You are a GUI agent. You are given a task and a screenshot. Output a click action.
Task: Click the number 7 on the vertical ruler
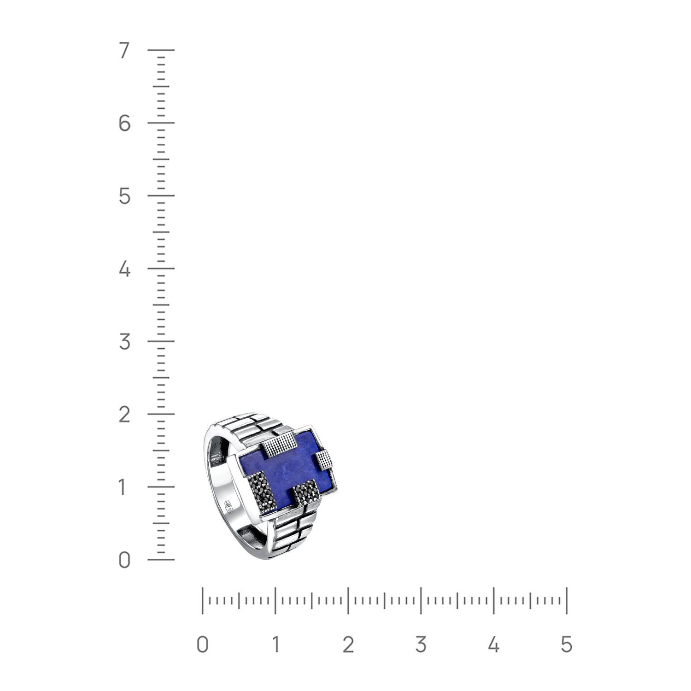click(124, 51)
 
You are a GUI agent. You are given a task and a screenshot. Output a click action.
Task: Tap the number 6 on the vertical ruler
click(124, 123)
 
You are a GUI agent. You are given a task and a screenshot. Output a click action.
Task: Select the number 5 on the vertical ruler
click(124, 197)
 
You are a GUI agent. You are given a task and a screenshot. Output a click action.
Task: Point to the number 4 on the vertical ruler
click(124, 269)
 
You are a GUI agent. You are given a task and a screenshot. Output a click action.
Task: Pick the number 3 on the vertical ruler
click(124, 342)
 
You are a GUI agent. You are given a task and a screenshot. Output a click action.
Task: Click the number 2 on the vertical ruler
click(124, 415)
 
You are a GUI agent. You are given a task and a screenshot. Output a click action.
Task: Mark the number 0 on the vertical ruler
click(124, 561)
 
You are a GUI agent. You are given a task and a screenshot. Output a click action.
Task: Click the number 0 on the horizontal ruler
click(202, 644)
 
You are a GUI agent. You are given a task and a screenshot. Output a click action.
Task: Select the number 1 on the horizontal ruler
click(275, 644)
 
